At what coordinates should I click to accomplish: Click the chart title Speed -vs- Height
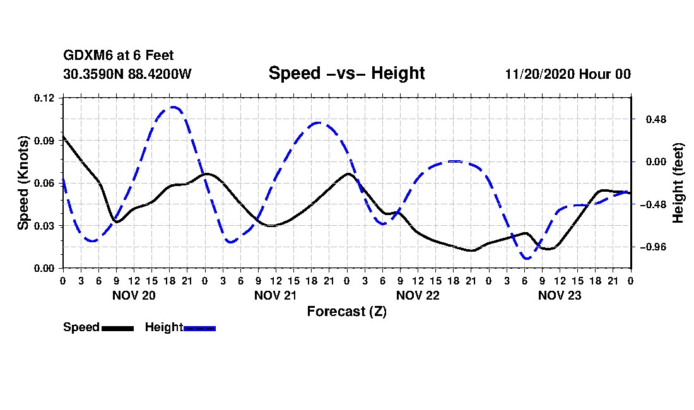coord(346,73)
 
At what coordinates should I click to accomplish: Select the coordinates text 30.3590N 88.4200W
coord(127,74)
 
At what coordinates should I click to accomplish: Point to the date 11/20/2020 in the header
coord(539,74)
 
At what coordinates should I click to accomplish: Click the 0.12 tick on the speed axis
coord(44,98)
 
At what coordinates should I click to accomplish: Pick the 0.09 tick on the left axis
coord(44,141)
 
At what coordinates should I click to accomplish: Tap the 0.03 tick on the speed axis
coord(44,226)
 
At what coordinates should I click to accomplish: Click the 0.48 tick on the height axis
coord(656,119)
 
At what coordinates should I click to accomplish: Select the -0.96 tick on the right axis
coord(653,247)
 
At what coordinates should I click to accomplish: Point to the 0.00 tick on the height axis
coord(656,162)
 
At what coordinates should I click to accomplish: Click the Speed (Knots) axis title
coord(23,183)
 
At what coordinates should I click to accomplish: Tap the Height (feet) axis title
coord(678,183)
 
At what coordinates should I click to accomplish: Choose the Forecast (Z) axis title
coord(346,312)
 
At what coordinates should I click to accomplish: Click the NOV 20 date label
coord(134,295)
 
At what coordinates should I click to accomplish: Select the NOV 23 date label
coord(560,295)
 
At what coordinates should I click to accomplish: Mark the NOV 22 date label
coord(418,295)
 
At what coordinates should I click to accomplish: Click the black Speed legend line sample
coord(118,328)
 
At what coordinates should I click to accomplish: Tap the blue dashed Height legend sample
coord(199,328)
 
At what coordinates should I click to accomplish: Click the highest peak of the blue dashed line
coord(173,107)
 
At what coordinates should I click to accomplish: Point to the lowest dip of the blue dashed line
coord(527,258)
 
